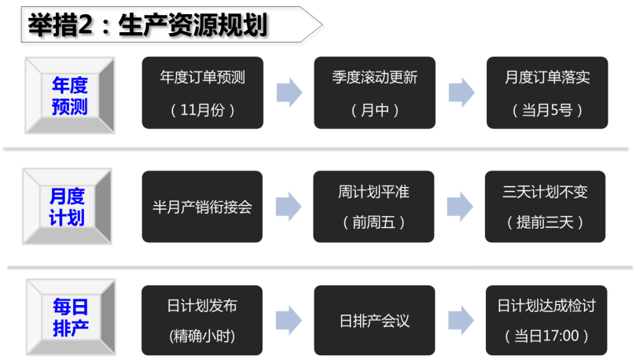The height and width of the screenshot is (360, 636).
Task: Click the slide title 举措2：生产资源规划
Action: [x=148, y=24]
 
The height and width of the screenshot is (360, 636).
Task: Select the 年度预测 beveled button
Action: [x=70, y=96]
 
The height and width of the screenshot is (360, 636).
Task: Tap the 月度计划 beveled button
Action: [x=68, y=207]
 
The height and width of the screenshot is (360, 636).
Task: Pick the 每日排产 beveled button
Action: [x=71, y=317]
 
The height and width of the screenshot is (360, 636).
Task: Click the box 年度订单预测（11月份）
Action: [x=202, y=93]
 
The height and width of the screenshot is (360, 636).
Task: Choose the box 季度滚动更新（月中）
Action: [x=375, y=93]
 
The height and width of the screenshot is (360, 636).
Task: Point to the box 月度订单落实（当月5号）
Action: [x=547, y=93]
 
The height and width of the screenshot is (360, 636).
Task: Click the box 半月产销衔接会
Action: [x=202, y=207]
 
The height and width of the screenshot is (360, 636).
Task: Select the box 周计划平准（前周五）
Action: [x=373, y=207]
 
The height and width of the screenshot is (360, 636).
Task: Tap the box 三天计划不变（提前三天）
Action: [x=545, y=207]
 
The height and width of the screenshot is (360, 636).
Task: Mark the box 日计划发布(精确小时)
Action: [x=202, y=320]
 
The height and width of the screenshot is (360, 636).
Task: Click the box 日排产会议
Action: [x=374, y=320]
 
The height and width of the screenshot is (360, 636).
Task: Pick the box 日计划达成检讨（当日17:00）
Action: [x=546, y=320]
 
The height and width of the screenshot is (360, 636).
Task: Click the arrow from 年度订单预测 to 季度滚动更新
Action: [x=289, y=93]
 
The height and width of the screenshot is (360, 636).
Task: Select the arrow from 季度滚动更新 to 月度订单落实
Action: [x=461, y=93]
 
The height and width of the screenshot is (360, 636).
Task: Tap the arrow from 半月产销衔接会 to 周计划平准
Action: [x=289, y=207]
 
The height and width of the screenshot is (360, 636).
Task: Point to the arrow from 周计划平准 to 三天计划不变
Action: [x=460, y=207]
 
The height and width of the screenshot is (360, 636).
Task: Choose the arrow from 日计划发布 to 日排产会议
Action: [x=289, y=320]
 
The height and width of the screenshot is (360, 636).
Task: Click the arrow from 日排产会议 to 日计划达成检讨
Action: [x=461, y=320]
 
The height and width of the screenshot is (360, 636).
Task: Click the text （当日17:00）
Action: [x=546, y=336]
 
